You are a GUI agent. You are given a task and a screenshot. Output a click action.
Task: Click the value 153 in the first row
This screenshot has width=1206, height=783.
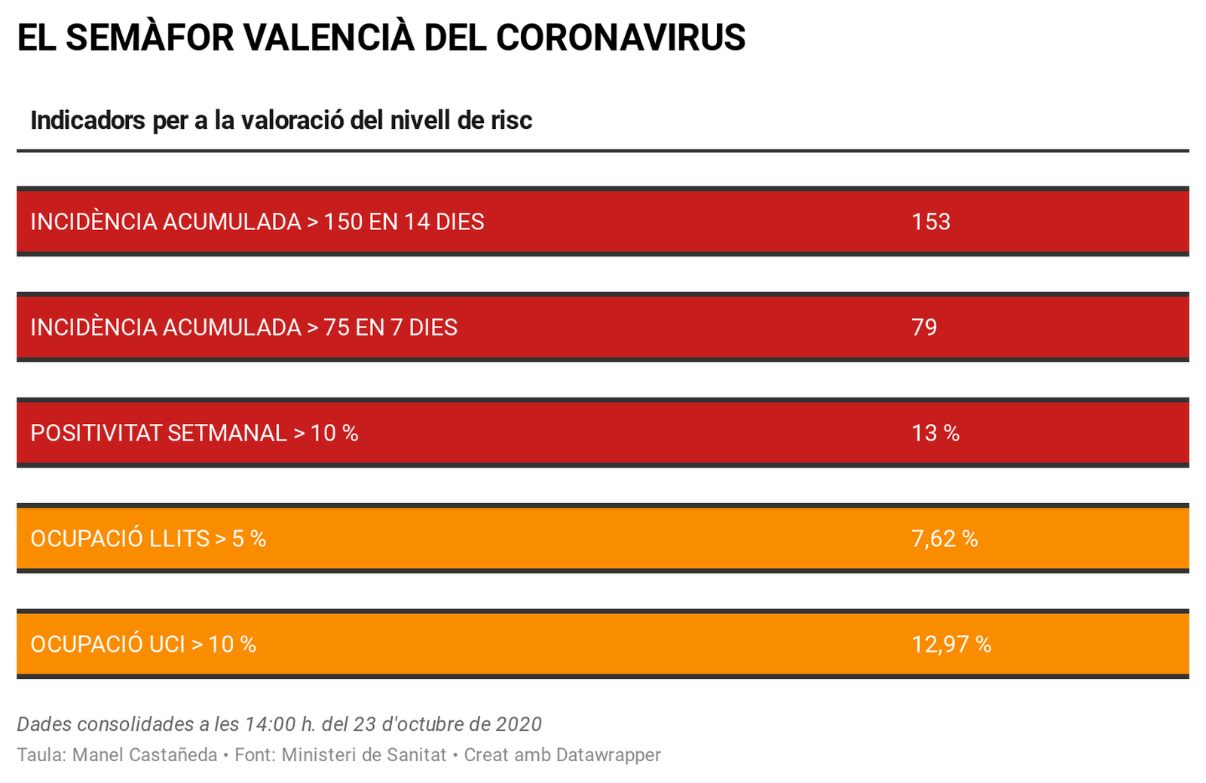tap(930, 222)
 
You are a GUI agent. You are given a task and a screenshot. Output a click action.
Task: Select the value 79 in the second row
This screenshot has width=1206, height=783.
tap(924, 327)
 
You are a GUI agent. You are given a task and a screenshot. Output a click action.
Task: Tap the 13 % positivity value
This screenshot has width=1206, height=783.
tap(935, 433)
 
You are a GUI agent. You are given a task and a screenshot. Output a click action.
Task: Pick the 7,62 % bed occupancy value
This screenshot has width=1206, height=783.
tap(944, 539)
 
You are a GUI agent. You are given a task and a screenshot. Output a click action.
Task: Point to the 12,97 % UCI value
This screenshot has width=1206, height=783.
tap(951, 644)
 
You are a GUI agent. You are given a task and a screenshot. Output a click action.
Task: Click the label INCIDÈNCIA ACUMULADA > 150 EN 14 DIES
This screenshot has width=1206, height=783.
tap(257, 222)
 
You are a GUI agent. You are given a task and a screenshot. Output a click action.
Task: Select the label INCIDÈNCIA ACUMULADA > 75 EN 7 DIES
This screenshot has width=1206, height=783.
tap(243, 327)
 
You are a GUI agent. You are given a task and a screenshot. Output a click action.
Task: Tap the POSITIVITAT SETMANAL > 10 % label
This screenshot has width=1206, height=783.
tap(194, 433)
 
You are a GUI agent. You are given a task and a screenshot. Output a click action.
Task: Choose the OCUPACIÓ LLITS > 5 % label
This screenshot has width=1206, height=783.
tap(148, 539)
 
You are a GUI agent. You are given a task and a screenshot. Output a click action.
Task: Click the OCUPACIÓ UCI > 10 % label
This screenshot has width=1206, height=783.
tap(143, 644)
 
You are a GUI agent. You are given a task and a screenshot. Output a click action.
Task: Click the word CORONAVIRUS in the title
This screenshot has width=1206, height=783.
tap(620, 37)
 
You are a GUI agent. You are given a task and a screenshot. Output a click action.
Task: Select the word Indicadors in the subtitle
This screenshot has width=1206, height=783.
tap(87, 120)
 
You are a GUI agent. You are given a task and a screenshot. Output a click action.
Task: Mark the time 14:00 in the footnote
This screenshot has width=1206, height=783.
tap(270, 724)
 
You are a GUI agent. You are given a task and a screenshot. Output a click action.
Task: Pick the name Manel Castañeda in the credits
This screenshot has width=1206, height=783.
tap(145, 755)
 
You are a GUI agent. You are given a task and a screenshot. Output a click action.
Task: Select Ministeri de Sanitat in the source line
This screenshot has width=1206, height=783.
tap(363, 755)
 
